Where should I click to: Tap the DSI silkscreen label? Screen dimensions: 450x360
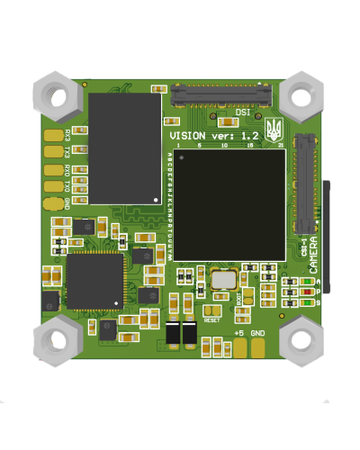(243, 112)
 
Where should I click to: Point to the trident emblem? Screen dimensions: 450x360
(274, 127)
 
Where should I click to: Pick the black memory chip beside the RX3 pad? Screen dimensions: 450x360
(124, 148)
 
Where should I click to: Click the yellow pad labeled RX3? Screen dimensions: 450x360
(52, 135)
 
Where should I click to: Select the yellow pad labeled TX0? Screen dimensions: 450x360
(52, 186)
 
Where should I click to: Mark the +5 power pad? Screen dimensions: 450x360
(238, 347)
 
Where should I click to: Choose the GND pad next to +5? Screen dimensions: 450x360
(258, 347)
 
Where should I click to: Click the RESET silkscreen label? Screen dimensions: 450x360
(212, 319)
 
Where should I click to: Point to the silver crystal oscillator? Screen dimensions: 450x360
(221, 279)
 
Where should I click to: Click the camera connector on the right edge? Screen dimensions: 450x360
(307, 184)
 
